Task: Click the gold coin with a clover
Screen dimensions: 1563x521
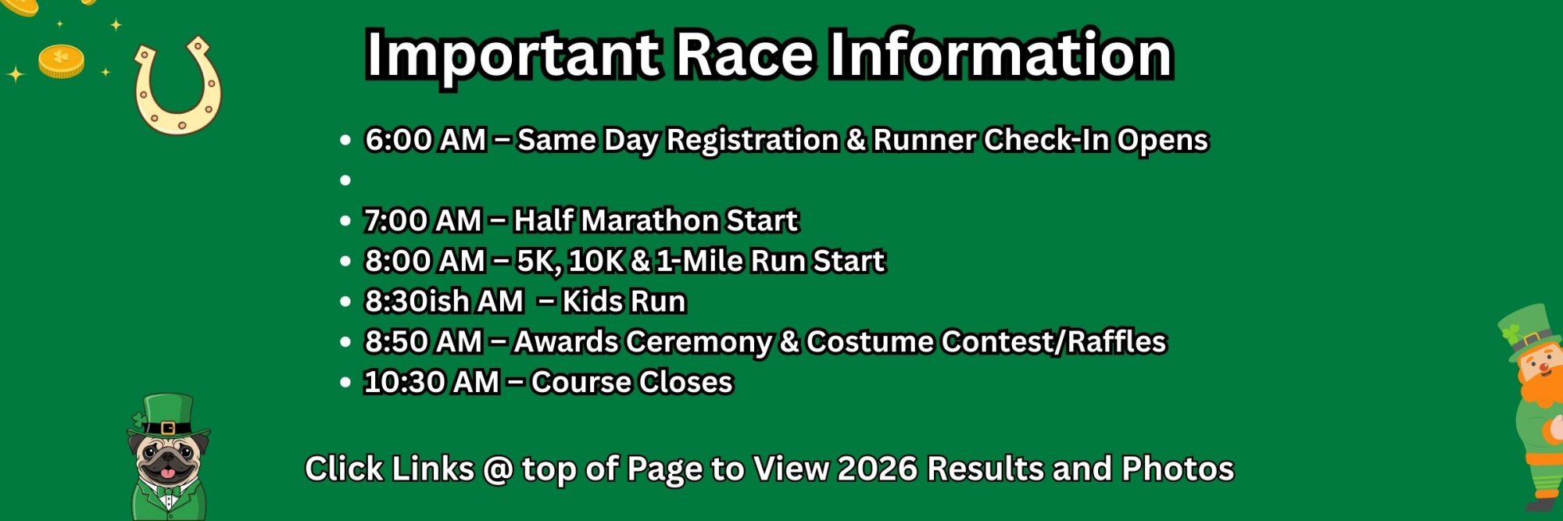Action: point(61,60)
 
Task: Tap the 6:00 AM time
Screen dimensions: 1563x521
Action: point(426,141)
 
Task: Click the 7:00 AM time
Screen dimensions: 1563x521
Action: point(423,221)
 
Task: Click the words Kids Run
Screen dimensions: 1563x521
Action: point(624,302)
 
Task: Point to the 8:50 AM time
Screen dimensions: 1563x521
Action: point(424,342)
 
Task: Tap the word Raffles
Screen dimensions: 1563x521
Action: point(1117,342)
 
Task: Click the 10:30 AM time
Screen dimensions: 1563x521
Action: point(431,383)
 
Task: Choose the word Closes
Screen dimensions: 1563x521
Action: point(685,383)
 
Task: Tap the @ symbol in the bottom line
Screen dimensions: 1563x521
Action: point(498,470)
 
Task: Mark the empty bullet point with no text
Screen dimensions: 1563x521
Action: point(345,180)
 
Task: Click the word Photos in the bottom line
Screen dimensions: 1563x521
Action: point(1178,469)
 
